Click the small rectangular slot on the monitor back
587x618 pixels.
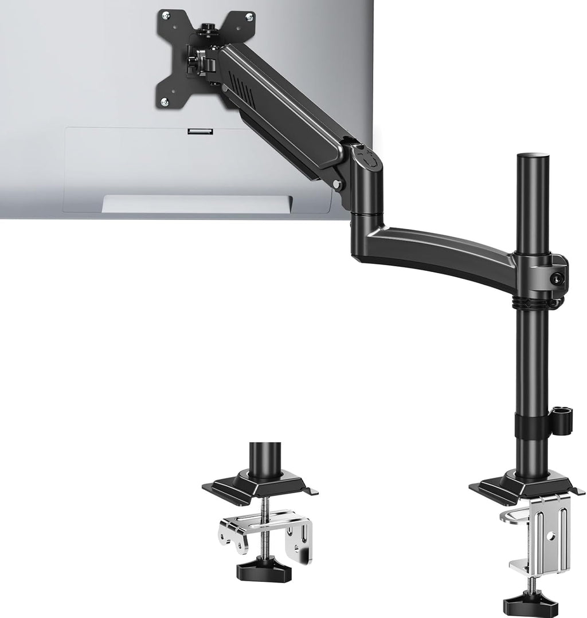click(x=199, y=132)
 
